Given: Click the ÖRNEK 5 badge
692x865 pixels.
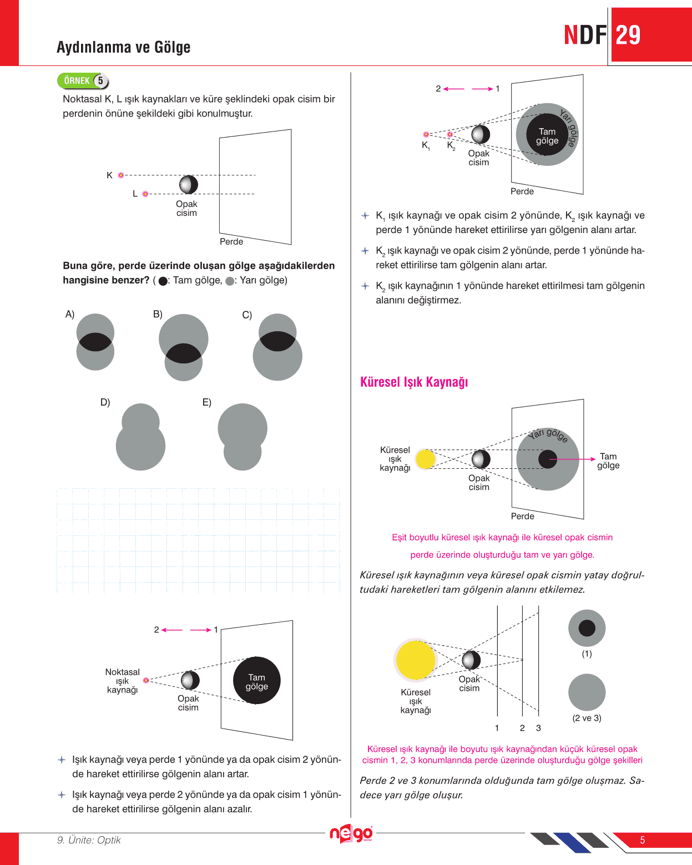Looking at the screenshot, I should click(x=83, y=81).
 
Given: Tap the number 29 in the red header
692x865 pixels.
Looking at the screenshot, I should click(x=628, y=36).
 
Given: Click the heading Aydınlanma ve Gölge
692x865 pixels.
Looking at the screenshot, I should click(x=123, y=47).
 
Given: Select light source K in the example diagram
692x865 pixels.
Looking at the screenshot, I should click(x=120, y=175).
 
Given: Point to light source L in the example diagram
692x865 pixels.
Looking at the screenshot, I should click(x=145, y=194).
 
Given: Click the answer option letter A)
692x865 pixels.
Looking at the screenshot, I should click(x=70, y=315).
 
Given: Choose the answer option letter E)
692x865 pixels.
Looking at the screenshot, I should click(x=206, y=402).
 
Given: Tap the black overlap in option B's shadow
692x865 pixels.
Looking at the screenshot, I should click(x=184, y=354).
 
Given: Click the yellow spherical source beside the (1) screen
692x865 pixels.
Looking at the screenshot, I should click(x=415, y=660).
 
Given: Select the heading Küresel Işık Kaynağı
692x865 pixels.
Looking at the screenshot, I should click(x=414, y=382).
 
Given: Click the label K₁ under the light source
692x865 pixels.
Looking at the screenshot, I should click(x=426, y=145).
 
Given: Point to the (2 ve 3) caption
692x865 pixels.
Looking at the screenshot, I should click(x=587, y=718).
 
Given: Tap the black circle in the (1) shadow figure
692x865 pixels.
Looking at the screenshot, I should click(x=587, y=628).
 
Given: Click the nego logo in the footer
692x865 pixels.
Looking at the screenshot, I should click(x=351, y=833).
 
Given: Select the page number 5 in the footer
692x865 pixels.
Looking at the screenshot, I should click(x=643, y=840).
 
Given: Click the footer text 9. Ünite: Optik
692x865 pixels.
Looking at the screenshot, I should click(x=89, y=840).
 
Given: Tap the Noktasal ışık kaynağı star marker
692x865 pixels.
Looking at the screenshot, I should click(x=146, y=680).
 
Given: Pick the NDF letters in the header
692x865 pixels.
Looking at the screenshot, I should click(x=585, y=36).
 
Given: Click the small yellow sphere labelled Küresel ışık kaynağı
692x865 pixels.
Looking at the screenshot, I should click(x=426, y=459).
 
